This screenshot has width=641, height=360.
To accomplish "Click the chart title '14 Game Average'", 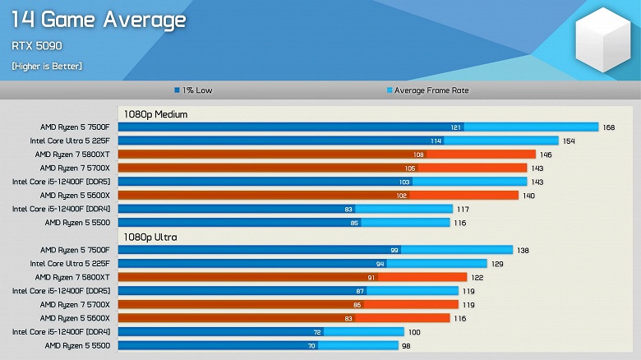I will click(99, 21).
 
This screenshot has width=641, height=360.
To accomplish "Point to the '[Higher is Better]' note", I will click(47, 66).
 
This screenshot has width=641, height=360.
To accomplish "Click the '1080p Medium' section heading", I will click(155, 114).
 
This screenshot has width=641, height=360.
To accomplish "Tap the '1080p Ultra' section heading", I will click(150, 237).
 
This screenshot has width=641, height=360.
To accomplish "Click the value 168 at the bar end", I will click(609, 127).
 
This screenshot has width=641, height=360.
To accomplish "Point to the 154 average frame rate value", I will click(569, 141).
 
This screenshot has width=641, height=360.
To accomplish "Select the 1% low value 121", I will click(456, 127).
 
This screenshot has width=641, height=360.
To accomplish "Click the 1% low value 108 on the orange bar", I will click(418, 155).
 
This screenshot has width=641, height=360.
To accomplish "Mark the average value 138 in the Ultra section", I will click(523, 250).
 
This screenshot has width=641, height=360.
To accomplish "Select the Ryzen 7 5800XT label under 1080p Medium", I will click(73, 155).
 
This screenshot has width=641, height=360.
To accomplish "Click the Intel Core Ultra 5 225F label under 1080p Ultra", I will click(71, 264).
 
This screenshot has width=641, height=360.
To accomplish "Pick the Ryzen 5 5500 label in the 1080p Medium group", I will click(78, 223).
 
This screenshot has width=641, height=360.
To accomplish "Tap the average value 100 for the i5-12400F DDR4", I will click(415, 332).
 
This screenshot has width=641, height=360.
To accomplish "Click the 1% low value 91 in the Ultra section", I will click(371, 278).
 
